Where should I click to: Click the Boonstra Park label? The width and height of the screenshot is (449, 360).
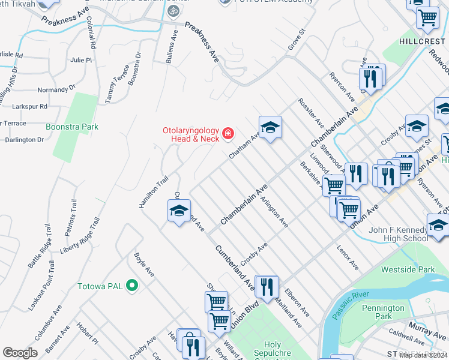71,127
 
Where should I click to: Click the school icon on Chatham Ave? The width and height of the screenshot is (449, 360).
270,127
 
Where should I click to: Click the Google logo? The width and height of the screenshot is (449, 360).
20,353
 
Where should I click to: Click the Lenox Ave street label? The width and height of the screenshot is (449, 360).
348,257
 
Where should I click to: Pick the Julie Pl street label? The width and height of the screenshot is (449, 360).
80,61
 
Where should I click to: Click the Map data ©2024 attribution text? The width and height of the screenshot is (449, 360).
423,355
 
